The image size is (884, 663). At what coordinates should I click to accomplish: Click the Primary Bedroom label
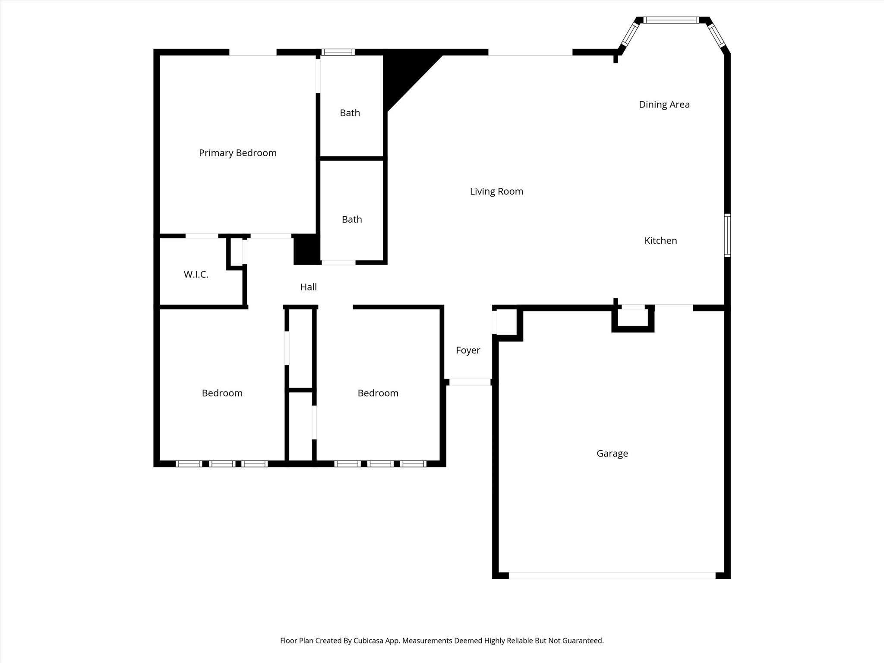pos(237,153)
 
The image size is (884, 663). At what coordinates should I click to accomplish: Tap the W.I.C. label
pos(196,275)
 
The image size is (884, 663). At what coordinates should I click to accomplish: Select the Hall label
pos(308,287)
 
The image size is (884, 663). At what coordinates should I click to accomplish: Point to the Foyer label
pos(468,350)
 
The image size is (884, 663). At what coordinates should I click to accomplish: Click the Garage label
pos(612,454)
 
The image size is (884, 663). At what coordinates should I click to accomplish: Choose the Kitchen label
pos(660,241)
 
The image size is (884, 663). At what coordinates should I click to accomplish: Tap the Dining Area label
pos(664,104)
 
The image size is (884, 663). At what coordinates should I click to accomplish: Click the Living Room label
pos(496,192)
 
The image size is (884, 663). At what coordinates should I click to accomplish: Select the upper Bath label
pos(350,113)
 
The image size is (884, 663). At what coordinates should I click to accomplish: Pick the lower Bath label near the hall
pos(352,220)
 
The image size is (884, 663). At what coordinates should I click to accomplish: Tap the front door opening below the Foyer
pos(470,382)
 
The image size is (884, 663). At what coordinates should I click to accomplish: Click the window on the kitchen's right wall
pos(727,235)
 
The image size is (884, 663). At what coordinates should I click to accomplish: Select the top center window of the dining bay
pos(671,20)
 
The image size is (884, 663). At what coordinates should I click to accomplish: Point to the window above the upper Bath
pos(338,52)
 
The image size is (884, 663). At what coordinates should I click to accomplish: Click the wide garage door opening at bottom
pos(612,575)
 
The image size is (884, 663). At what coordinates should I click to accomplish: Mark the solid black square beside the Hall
pos(306,249)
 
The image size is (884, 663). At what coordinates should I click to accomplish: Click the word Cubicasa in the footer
pos(369,641)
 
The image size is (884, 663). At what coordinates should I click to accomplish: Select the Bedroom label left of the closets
pos(222,393)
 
